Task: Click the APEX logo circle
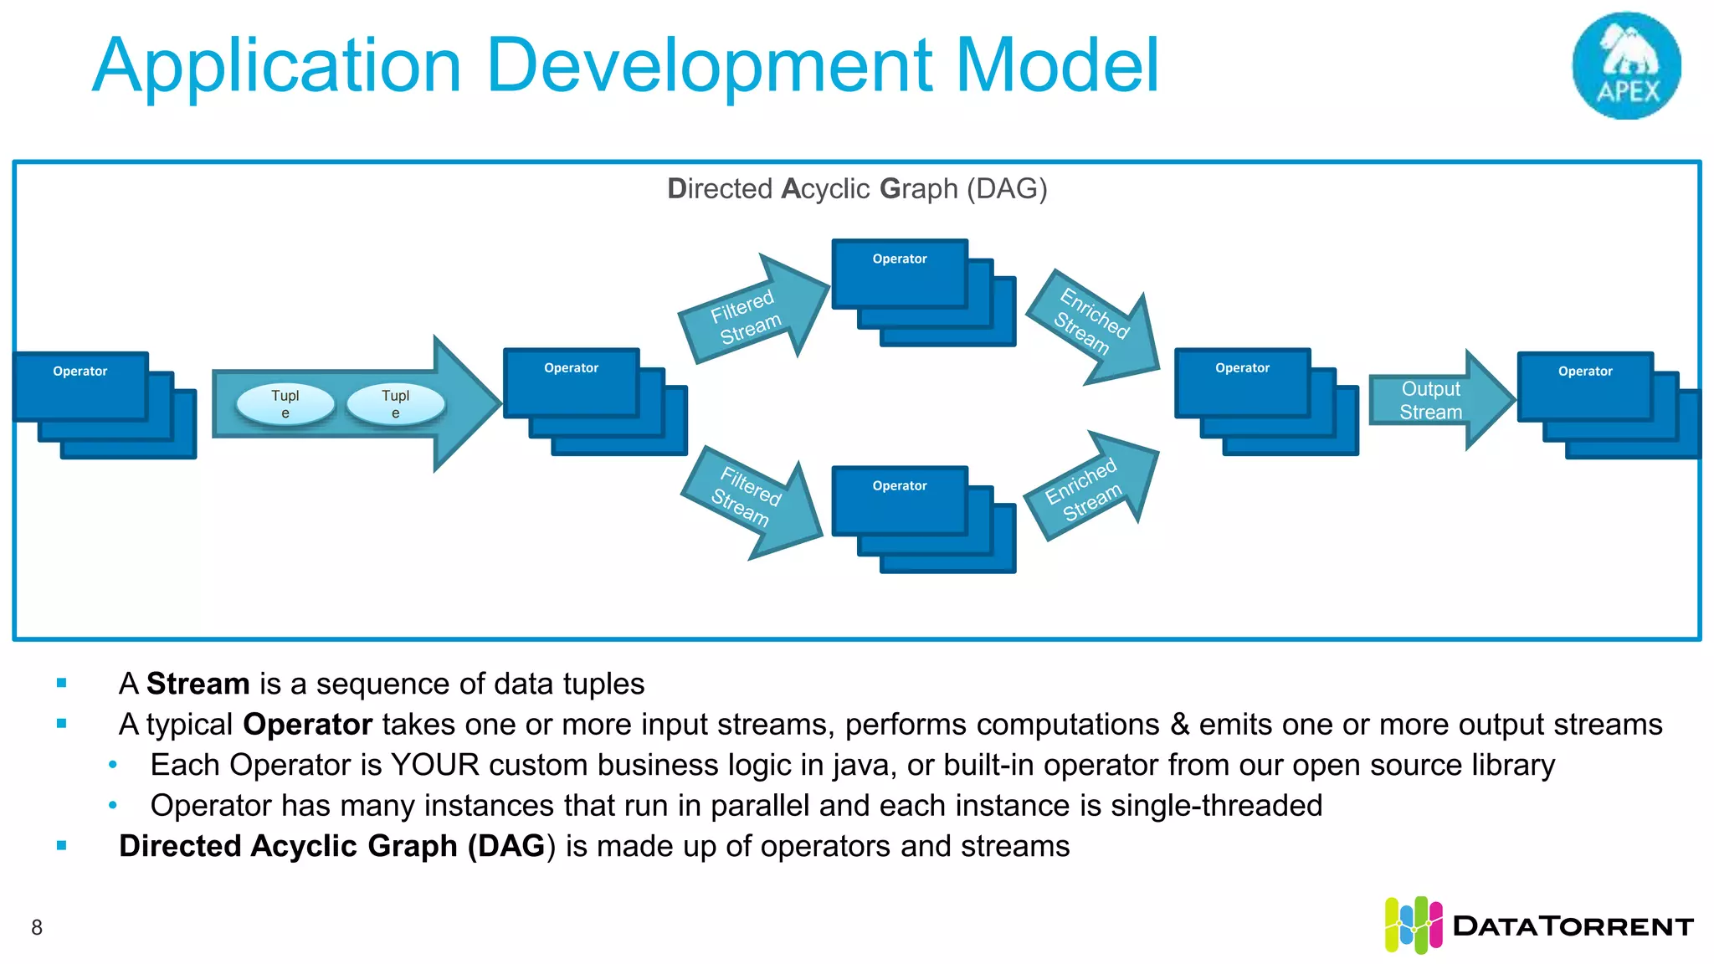tap(1626, 65)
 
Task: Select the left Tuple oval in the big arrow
tap(285, 403)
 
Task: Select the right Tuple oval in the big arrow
tap(396, 403)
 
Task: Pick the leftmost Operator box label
tap(80, 372)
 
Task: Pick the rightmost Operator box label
tap(1585, 372)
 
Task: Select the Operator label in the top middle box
tap(900, 259)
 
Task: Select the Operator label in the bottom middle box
tap(900, 486)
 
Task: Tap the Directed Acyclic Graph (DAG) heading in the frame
tap(857, 189)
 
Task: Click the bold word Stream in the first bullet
tap(198, 684)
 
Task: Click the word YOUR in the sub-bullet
tap(434, 765)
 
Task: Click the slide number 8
tap(37, 927)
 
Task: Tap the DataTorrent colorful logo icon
tap(1413, 926)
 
